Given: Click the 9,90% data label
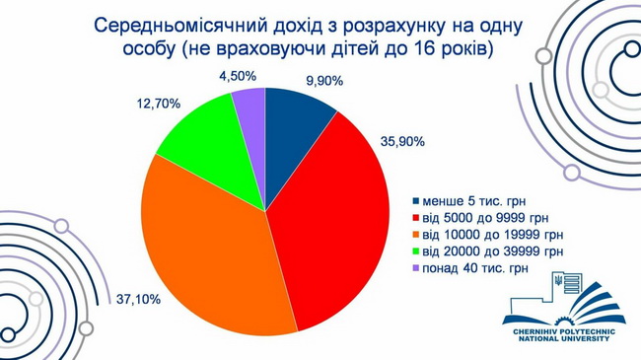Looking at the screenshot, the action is [x=324, y=81].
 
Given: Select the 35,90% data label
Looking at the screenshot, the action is [x=402, y=142].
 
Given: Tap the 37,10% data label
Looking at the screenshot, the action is [x=138, y=299].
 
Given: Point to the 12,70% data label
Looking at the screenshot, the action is [x=158, y=104].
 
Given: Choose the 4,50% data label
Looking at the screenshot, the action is [x=238, y=76].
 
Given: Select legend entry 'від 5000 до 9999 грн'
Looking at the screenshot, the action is [x=481, y=218].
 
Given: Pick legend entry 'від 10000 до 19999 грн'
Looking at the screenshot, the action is [x=488, y=235].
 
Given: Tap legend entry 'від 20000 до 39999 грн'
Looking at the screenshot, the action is [x=488, y=251].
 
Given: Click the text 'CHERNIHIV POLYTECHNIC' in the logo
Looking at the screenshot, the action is [x=564, y=331].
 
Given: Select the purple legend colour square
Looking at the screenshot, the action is [x=416, y=269].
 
